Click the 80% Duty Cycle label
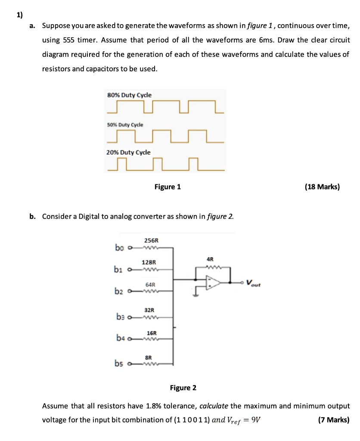point(129,95)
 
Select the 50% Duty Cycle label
point(125,124)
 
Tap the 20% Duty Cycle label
point(129,152)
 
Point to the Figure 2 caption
point(183,388)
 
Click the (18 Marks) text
point(322,187)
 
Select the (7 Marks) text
point(333,420)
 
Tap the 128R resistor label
point(149,262)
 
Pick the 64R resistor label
point(150,285)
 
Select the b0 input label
point(119,248)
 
